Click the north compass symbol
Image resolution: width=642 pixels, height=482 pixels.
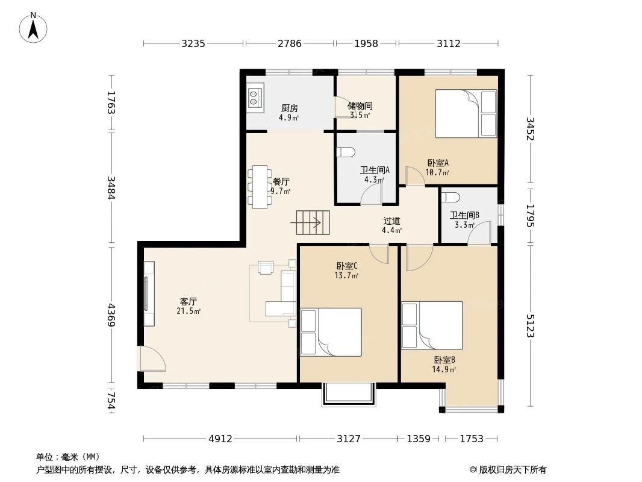coord(34,27)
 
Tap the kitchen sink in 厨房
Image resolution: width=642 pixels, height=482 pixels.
coord(254,98)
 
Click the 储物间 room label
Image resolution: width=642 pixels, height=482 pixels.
coord(360,106)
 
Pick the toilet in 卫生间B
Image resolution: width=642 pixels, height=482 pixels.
coord(452,197)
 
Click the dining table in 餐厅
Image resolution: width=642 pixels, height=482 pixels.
coord(260,187)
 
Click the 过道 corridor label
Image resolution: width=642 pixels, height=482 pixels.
coord(391,221)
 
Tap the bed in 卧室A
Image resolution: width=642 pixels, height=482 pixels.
coord(466,113)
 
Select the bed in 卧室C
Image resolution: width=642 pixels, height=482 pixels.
coord(331,332)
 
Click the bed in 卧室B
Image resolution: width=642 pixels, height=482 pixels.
coord(432,325)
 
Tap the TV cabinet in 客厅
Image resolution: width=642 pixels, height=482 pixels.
coord(149,293)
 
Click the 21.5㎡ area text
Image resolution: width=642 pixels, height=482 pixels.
coord(188,311)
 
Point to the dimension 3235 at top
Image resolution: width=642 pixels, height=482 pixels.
coord(193,43)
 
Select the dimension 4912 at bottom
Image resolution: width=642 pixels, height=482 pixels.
coord(220,439)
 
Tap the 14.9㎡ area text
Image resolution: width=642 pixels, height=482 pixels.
coord(443,369)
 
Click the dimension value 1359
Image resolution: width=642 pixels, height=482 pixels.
coord(418,439)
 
